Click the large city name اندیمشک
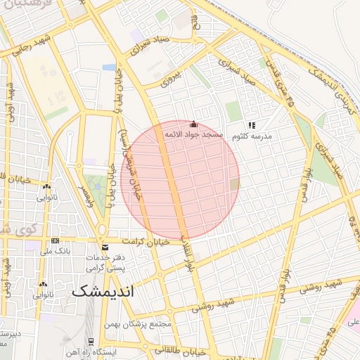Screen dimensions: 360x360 [x=101, y=290]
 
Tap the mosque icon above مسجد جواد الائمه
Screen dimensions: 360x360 [x=194, y=124]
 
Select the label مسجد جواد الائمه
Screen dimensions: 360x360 [x=193, y=134]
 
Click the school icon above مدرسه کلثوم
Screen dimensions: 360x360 [x=252, y=124]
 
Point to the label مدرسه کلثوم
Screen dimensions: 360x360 [x=252, y=134]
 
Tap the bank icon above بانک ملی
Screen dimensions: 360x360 [x=55, y=240]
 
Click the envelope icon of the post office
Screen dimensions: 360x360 [x=105, y=247]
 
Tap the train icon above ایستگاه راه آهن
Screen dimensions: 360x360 [x=91, y=341]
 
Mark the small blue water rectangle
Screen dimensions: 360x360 [x=109, y=67]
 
